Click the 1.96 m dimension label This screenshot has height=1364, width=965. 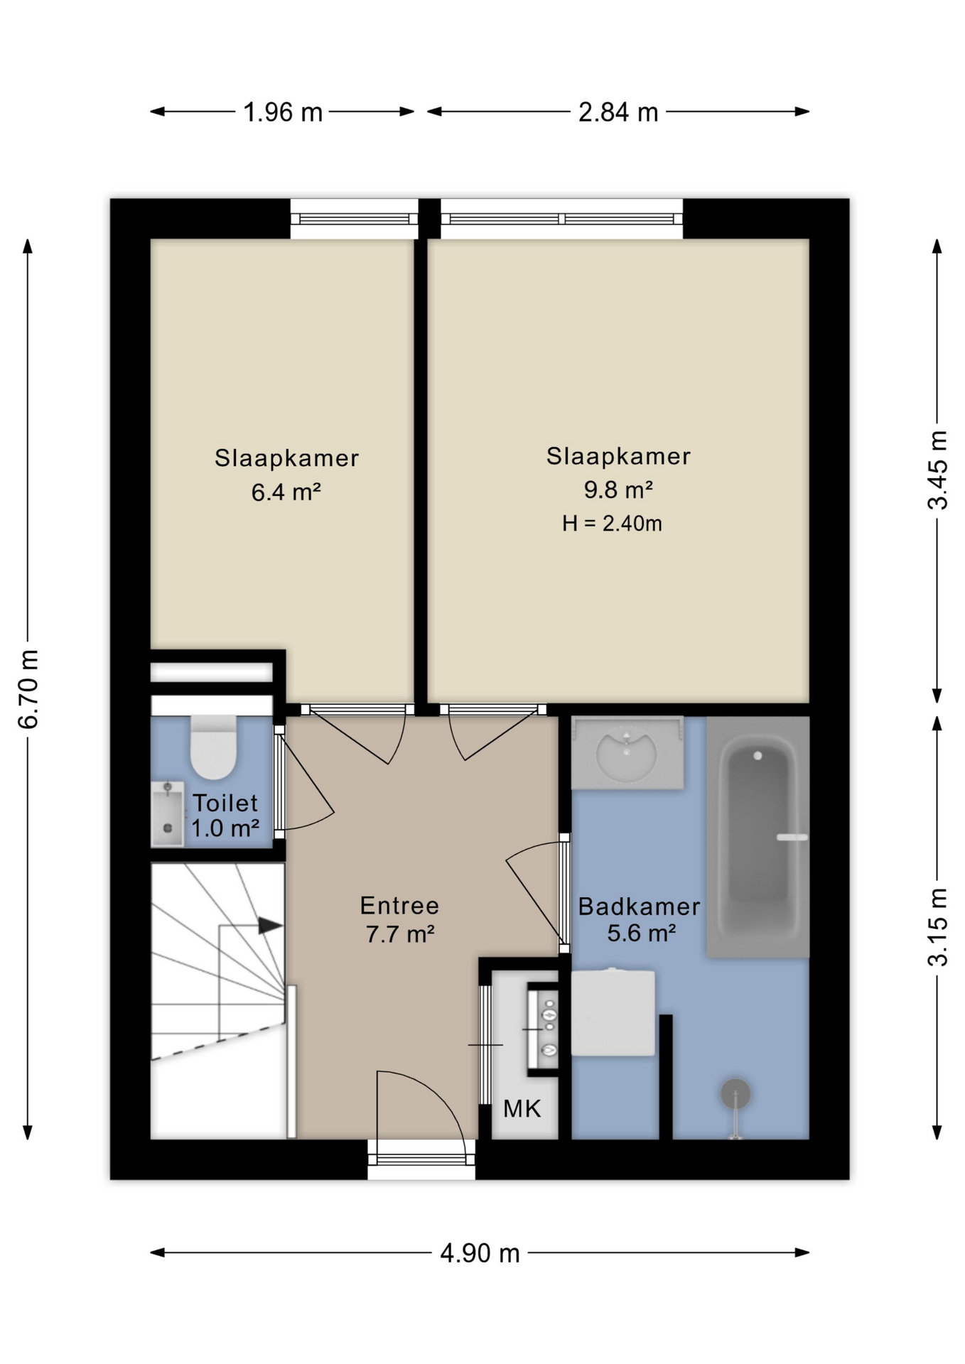pyautogui.click(x=283, y=112)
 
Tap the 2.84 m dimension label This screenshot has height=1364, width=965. pyautogui.click(x=618, y=112)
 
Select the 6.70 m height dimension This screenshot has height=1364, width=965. pyautogui.click(x=28, y=689)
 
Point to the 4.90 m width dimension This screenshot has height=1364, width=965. pyautogui.click(x=480, y=1253)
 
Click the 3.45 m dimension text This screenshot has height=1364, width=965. pyautogui.click(x=937, y=470)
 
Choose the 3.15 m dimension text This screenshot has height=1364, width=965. pyautogui.click(x=937, y=927)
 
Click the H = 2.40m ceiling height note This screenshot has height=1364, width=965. pyautogui.click(x=612, y=524)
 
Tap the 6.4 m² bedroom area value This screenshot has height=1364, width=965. pyautogui.click(x=286, y=492)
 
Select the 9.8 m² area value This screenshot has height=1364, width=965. pyautogui.click(x=618, y=489)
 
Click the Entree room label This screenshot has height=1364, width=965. pyautogui.click(x=399, y=905)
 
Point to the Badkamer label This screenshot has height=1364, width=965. pyautogui.click(x=639, y=906)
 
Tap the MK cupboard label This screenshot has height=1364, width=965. pyautogui.click(x=522, y=1108)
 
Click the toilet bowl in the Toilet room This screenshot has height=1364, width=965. pyautogui.click(x=213, y=747)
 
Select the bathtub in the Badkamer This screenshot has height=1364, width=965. pyautogui.click(x=758, y=837)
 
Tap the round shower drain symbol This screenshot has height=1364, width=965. pyautogui.click(x=735, y=1094)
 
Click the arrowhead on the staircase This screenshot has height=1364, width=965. pyautogui.click(x=270, y=926)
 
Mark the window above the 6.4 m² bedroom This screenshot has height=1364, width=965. pyautogui.click(x=354, y=219)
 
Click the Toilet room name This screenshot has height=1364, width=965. pyautogui.click(x=225, y=803)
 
